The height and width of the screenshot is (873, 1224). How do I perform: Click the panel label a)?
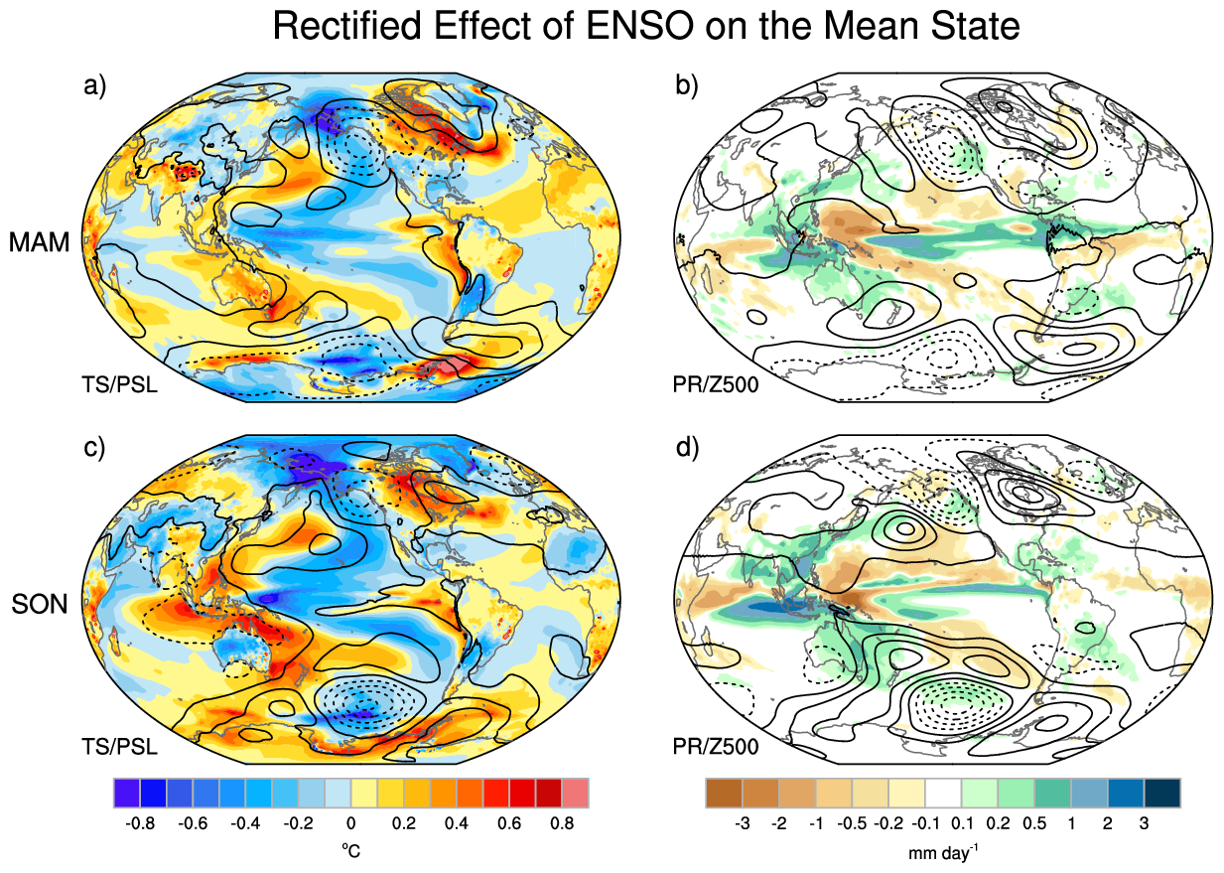(x=94, y=85)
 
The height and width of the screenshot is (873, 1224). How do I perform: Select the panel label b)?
(x=687, y=85)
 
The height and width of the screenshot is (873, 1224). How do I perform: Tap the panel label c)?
(x=94, y=448)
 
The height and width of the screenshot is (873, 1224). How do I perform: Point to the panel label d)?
(x=687, y=448)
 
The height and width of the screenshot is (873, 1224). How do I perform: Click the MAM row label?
(x=40, y=242)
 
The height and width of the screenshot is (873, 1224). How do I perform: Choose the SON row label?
(x=40, y=605)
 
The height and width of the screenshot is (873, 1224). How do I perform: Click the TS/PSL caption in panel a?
(x=120, y=384)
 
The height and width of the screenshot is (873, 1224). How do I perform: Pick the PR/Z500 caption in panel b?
(x=716, y=384)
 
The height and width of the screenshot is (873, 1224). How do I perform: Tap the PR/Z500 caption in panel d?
(x=716, y=747)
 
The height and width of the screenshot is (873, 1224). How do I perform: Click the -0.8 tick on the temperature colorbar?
(x=140, y=823)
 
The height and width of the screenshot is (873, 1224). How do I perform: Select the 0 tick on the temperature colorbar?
(x=350, y=823)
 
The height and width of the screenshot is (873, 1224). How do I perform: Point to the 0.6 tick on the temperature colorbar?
(x=509, y=823)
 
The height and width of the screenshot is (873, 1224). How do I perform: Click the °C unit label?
(x=351, y=850)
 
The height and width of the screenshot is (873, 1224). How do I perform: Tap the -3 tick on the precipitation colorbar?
(x=743, y=823)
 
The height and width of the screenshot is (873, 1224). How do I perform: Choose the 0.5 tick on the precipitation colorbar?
(x=1034, y=823)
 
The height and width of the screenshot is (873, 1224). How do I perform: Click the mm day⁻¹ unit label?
(x=943, y=851)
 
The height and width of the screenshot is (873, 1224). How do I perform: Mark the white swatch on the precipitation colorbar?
(x=943, y=793)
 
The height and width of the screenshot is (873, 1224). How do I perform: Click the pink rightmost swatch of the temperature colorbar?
(x=576, y=793)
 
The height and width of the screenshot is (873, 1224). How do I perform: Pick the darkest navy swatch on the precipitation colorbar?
(x=1162, y=793)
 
